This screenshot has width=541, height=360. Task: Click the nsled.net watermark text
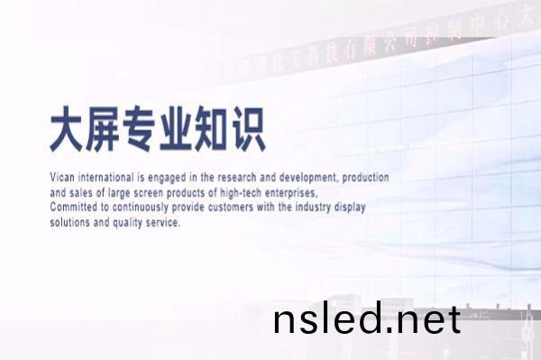point(366,319)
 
